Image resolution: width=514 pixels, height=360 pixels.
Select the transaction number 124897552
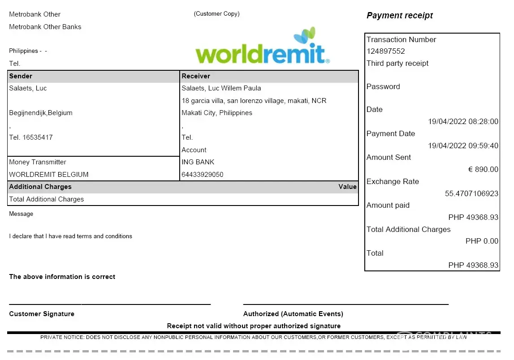coord(386,51)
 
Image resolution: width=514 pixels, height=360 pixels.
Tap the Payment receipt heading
coord(400,16)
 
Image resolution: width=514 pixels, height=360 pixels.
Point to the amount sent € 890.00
coord(483,170)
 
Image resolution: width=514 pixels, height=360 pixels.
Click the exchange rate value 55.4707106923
coord(471,194)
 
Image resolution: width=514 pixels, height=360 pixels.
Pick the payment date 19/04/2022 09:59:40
coord(463,146)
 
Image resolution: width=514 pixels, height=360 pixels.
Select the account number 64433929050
coord(203,175)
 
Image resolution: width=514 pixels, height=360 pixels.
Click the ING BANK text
coord(198,162)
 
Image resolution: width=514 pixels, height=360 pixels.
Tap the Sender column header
coord(21,76)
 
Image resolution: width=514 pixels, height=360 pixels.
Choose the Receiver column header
coord(196,76)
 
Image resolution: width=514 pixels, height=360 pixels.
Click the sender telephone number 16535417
coord(38,137)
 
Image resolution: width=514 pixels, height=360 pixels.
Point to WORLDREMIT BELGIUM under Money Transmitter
coord(49,175)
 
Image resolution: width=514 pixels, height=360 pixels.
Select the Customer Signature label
coord(42,314)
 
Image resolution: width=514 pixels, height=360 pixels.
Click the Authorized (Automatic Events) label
coord(293,314)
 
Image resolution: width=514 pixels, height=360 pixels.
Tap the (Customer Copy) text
coord(217,14)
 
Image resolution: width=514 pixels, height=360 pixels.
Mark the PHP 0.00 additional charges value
coord(482,241)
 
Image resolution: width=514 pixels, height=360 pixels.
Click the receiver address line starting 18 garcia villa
coord(254,101)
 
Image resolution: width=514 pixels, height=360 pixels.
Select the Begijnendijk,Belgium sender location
coord(41,113)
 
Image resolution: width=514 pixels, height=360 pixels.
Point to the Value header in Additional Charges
coord(347,187)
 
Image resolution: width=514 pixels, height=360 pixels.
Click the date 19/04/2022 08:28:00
coord(463,122)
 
